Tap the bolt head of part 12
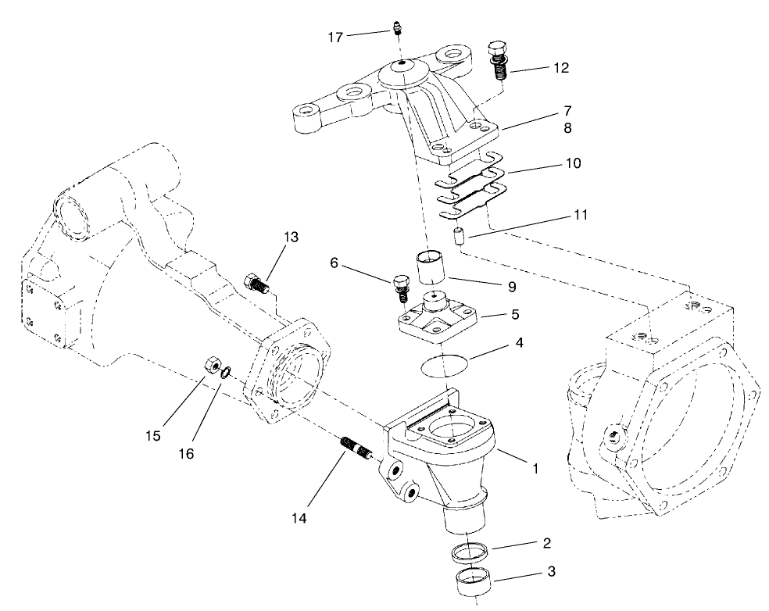pos(495,48)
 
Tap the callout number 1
pos(535,469)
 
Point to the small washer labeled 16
pos(225,373)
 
